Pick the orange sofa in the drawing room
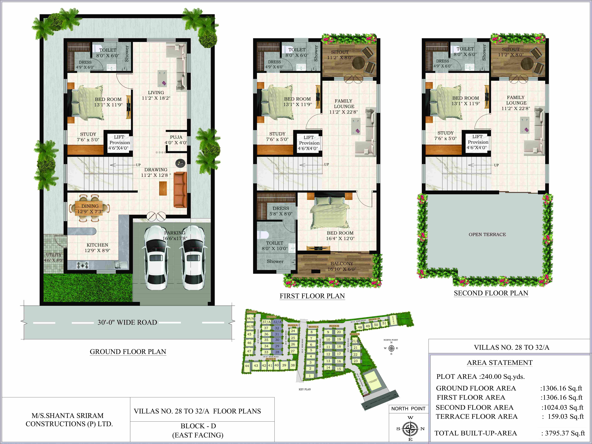[180, 190]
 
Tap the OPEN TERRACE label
[487, 234]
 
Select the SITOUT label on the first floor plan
[340, 52]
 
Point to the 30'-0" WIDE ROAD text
[127, 322]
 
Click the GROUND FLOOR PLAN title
[128, 352]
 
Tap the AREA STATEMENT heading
[500, 363]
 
